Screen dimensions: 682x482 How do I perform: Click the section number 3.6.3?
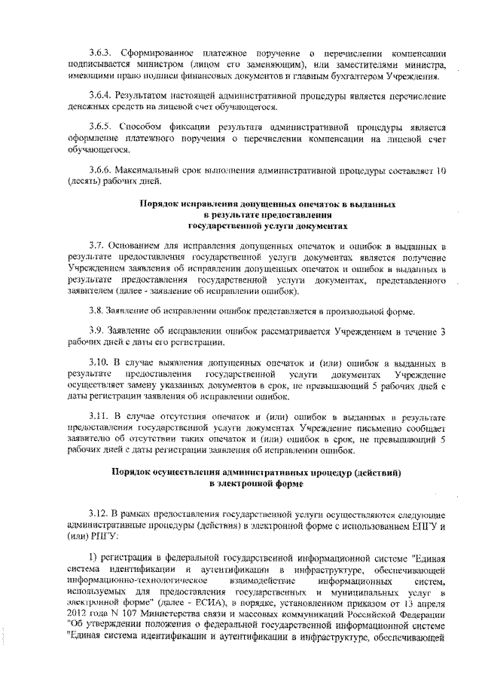(x=101, y=54)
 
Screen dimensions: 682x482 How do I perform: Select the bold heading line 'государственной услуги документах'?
(x=268, y=225)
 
